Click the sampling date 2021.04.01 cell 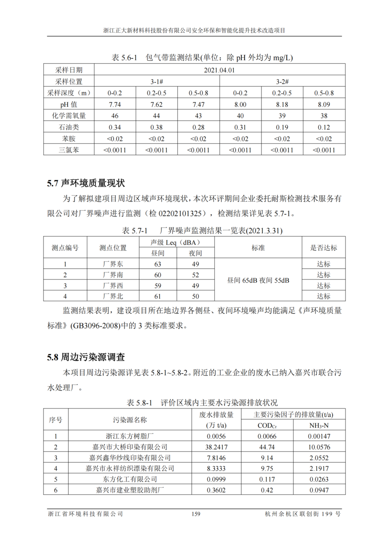(219, 70)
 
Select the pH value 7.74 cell (114, 104)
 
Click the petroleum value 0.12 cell (324, 128)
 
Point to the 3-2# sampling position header (282, 81)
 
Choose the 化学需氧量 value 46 (114, 116)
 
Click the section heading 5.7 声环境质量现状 (86, 184)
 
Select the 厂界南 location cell (113, 275)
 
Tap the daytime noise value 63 (158, 264)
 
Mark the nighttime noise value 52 (195, 275)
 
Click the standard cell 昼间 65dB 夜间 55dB (258, 280)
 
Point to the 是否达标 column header (323, 248)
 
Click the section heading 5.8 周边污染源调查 (86, 357)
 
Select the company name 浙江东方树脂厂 (130, 436)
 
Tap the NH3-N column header (319, 426)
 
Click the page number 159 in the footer (195, 514)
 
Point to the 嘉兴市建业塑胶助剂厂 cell (130, 490)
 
